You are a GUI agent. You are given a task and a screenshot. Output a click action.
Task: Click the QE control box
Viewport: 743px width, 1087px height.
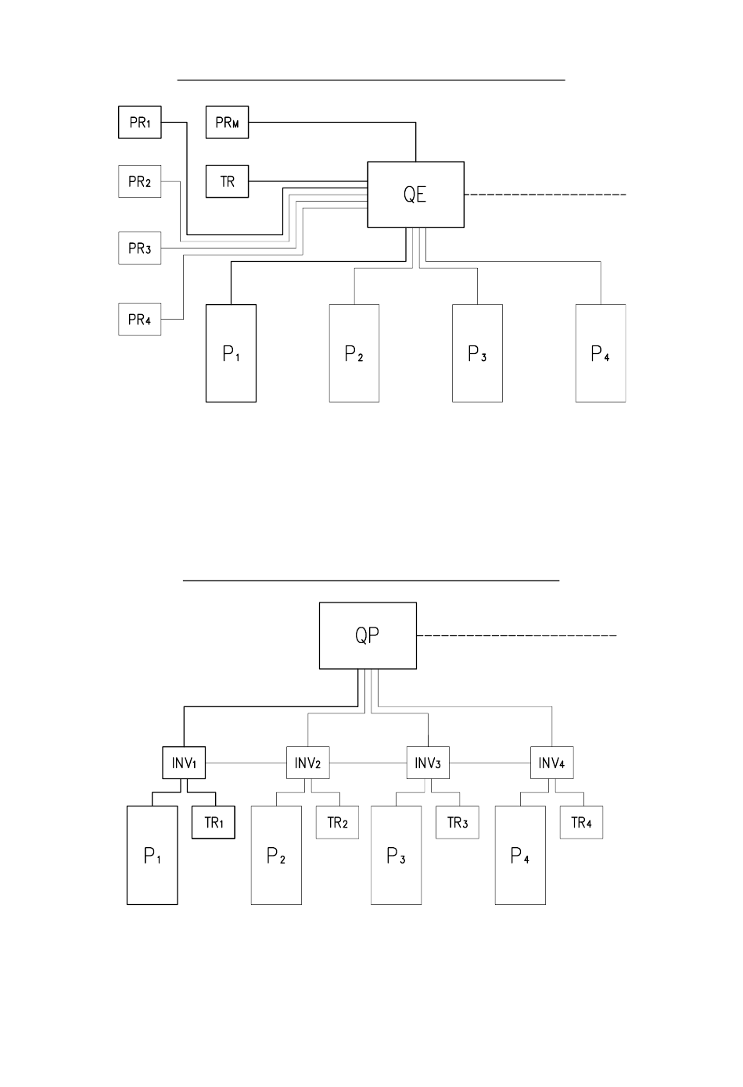pos(416,195)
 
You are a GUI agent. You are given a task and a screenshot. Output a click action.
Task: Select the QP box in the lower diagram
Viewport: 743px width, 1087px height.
pos(368,635)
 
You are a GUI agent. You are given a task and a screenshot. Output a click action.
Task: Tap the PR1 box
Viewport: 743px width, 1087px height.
pos(140,122)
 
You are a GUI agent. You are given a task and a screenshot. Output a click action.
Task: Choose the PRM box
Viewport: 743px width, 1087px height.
pos(228,122)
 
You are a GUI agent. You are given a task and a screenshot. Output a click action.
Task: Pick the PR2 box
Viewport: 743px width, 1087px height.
pos(140,181)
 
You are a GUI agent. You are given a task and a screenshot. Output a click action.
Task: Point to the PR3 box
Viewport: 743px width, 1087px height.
pos(140,249)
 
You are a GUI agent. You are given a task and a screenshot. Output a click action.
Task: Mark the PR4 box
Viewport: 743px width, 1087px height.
pos(140,320)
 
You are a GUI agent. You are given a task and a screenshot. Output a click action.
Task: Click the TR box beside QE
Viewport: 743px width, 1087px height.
pos(228,181)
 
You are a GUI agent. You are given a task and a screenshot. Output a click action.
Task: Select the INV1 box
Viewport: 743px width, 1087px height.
pos(184,763)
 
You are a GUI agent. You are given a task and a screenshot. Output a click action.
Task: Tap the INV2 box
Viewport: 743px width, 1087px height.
pos(308,763)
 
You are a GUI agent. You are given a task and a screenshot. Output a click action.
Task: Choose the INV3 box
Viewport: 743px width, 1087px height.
pos(428,763)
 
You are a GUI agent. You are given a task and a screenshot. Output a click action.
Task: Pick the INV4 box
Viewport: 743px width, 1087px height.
pos(551,763)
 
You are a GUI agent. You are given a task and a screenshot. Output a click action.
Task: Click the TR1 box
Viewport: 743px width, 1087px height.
pos(214,823)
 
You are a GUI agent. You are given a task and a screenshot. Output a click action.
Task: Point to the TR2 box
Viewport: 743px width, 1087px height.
pos(338,823)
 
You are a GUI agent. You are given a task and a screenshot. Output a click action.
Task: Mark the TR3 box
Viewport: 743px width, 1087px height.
pos(458,823)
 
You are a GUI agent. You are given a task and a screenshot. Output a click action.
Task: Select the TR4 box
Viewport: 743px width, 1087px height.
pos(581,823)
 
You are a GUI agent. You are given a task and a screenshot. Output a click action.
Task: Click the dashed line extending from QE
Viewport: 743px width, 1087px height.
pos(545,195)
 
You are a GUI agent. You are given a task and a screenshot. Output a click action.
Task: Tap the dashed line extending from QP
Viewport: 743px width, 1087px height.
pos(517,635)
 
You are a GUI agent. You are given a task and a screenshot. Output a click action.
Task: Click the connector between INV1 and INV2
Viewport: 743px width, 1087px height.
pos(246,763)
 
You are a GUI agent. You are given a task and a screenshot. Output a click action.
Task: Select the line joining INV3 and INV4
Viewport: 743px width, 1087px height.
pos(490,763)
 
